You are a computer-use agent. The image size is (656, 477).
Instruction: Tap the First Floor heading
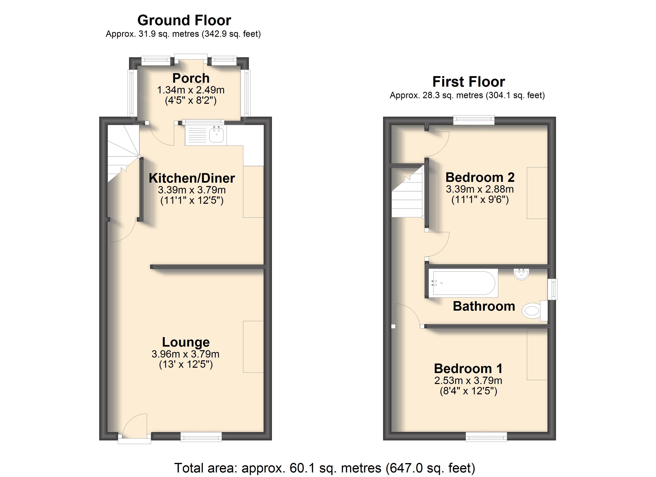coord(469,81)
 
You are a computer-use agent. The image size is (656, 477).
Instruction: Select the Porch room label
coord(191,78)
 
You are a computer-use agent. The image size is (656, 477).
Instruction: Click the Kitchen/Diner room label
coord(192,178)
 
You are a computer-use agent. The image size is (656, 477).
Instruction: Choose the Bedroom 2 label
coord(480,177)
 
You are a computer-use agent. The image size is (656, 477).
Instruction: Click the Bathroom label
coord(484,306)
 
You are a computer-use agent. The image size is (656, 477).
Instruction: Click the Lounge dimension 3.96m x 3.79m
coord(185,354)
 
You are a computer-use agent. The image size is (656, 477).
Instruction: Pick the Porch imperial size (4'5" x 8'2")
coord(191,100)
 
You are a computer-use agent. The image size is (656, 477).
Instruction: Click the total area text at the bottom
coord(325,468)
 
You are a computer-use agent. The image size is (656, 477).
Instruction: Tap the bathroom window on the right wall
coord(553,289)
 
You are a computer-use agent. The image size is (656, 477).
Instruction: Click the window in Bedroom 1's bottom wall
coord(486,437)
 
